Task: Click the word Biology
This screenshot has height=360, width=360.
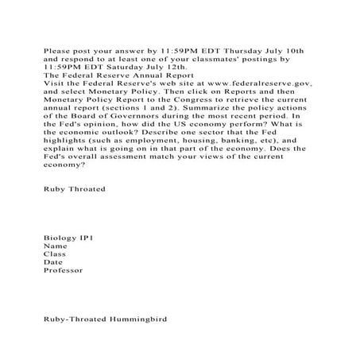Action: pyautogui.click(x=60, y=238)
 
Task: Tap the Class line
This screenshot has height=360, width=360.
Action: pyautogui.click(x=55, y=254)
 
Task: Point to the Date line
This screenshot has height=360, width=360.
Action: pyautogui.click(x=53, y=262)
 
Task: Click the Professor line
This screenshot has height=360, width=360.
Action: pyautogui.click(x=64, y=270)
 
